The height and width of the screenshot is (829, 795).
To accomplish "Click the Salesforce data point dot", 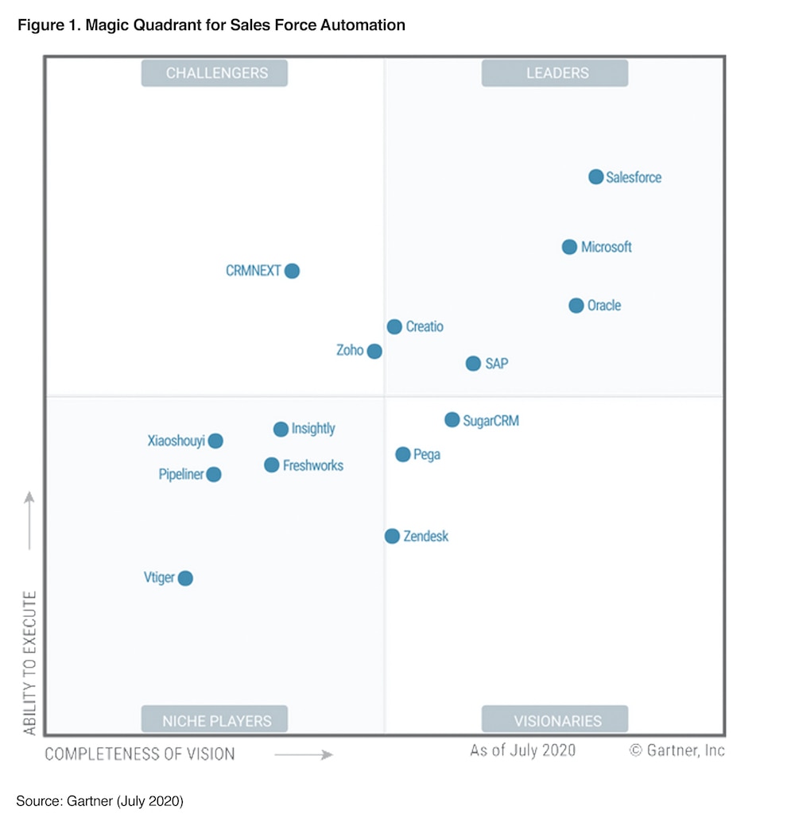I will click(x=596, y=177).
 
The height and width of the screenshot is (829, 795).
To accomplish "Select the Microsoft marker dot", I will click(x=569, y=247).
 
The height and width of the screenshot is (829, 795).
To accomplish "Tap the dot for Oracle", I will click(x=576, y=306).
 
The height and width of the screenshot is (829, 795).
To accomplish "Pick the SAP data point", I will click(x=473, y=364).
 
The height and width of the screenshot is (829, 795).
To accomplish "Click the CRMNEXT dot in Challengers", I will click(x=292, y=271).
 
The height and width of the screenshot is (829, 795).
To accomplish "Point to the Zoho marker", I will click(x=374, y=351).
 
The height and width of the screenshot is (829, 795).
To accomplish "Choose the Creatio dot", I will click(x=394, y=326).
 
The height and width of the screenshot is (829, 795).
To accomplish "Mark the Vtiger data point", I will click(x=185, y=578).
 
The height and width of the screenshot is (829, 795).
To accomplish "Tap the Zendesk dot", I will click(x=392, y=536).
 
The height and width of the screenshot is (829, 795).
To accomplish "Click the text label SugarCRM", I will click(x=491, y=421).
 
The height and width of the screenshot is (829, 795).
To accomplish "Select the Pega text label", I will click(x=427, y=455).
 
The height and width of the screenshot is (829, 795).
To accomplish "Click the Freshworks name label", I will click(x=313, y=465).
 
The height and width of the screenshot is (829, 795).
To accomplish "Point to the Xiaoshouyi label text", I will click(x=176, y=441).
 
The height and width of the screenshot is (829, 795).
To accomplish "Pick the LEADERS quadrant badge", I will click(x=555, y=73).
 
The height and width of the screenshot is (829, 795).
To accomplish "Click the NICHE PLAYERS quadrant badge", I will click(x=215, y=720).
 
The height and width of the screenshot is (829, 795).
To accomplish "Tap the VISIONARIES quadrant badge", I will click(x=555, y=720).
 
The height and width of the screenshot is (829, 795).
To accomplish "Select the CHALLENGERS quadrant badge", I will click(x=215, y=73).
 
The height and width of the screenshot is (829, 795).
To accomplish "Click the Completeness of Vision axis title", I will click(x=140, y=754).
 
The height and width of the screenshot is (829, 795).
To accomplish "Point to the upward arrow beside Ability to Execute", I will click(x=29, y=520).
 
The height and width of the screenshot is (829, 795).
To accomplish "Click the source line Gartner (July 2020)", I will click(x=100, y=801).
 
